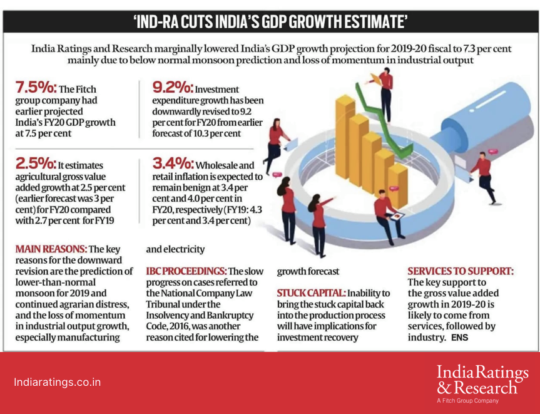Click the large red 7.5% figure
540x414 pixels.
(36, 88)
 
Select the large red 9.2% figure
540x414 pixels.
(173, 88)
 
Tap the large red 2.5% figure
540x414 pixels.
(36, 163)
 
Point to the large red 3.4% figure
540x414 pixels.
(173, 163)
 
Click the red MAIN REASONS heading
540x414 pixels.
(51, 249)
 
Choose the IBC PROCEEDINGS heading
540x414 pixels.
(186, 271)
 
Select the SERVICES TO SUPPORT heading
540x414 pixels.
(461, 271)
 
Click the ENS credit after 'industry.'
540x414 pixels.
(460, 338)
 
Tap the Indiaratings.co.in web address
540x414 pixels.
(57, 382)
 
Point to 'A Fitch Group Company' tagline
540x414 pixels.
(467, 401)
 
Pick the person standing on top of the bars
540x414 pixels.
(384, 95)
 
